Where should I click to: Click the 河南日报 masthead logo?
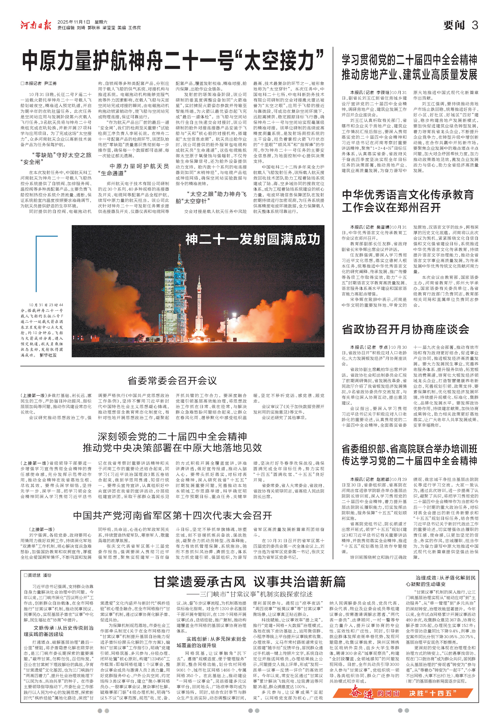click(x=36, y=24)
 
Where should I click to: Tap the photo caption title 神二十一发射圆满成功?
click(x=253, y=240)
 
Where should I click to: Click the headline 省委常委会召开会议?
click(x=172, y=381)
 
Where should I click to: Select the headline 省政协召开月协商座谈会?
click(x=406, y=329)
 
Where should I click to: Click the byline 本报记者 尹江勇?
click(x=39, y=84)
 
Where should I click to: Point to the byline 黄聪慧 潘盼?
click(x=38, y=575)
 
